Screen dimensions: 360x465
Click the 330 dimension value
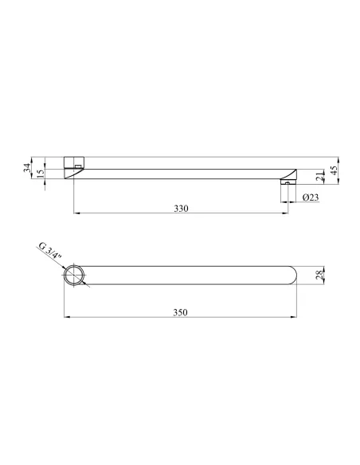[x=181, y=209]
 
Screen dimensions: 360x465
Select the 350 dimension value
[x=180, y=312]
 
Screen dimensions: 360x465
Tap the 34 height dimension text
[x=27, y=168]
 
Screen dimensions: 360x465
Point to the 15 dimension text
[x=41, y=173]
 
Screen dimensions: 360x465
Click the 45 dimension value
[x=335, y=170]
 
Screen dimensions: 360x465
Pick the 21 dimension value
[x=319, y=176]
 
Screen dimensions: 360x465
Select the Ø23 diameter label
[x=311, y=197]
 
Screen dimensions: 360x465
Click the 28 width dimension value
[x=319, y=275]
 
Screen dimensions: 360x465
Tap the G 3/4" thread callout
[x=50, y=251]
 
